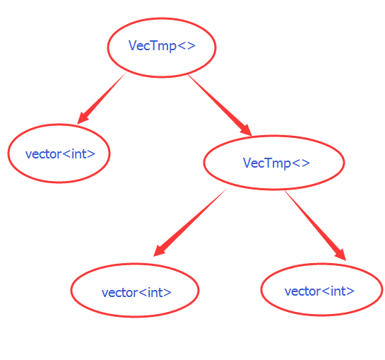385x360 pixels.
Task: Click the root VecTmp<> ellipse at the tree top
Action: click(x=161, y=47)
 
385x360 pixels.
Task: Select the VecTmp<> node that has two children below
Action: click(x=273, y=163)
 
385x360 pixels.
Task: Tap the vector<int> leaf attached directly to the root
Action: click(x=59, y=153)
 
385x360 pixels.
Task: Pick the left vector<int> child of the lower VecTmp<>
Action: click(x=135, y=291)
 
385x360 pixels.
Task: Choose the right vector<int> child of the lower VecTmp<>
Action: click(x=321, y=289)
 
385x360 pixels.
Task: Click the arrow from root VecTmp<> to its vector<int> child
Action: click(x=102, y=98)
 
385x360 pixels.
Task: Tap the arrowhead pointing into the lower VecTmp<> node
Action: click(x=245, y=129)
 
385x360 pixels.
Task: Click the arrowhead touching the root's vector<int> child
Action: click(x=83, y=117)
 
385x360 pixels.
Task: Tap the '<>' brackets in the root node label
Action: click(x=186, y=46)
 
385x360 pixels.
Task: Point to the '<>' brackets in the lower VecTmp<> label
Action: click(x=300, y=163)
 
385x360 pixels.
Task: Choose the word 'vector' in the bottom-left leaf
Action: click(x=119, y=292)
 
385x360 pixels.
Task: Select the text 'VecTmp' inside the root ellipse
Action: click(x=152, y=46)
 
